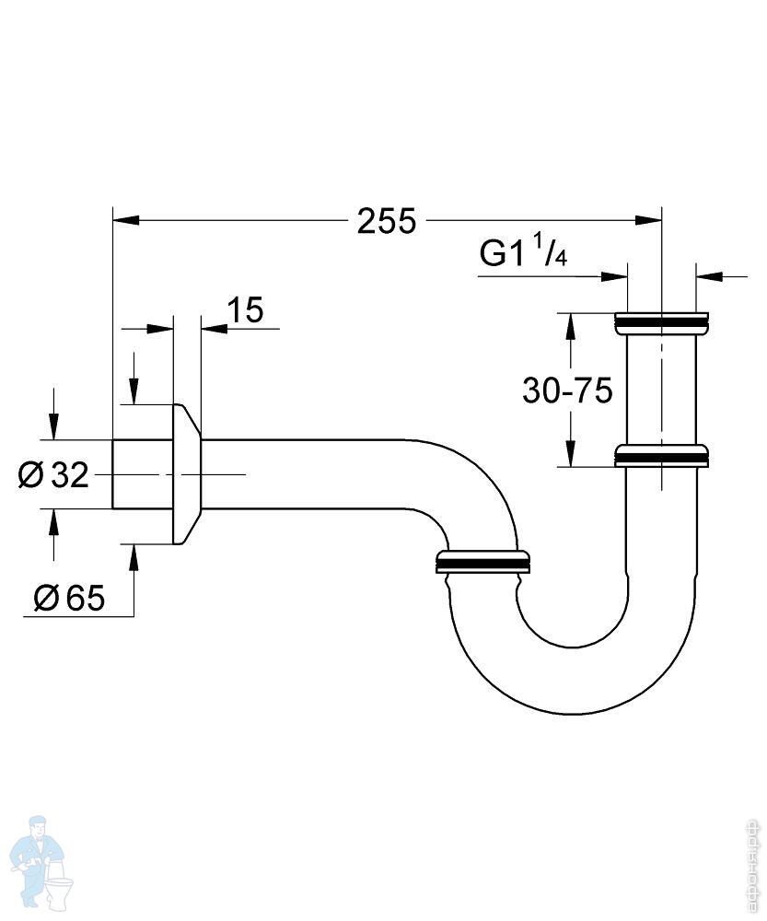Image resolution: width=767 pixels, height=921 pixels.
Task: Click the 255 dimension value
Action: (387, 222)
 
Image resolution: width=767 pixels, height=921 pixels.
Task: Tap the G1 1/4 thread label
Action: (523, 253)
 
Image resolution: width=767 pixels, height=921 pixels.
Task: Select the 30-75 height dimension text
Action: (567, 391)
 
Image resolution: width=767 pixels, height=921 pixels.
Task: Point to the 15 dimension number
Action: (245, 310)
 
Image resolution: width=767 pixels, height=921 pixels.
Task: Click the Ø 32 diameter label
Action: (53, 475)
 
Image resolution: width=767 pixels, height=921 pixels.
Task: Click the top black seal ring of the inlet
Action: (661, 322)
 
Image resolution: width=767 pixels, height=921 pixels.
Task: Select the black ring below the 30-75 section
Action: (661, 456)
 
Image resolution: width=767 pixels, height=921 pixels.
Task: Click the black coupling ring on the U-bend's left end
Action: (482, 561)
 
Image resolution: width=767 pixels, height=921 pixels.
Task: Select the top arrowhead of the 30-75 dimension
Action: (571, 323)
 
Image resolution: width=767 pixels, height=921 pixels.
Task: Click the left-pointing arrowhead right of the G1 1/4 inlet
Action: (708, 274)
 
